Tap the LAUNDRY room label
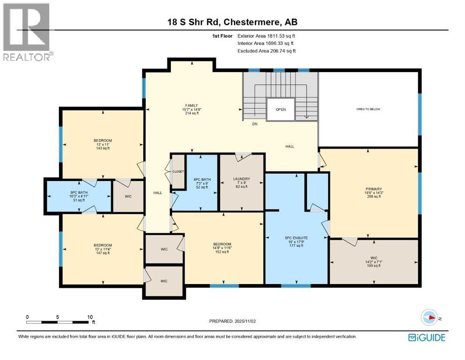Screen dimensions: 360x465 (x=242, y=179)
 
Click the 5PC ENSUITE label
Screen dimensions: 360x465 (x=296, y=238)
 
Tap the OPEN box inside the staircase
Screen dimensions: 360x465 (x=280, y=110)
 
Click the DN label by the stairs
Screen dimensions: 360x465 (x=255, y=124)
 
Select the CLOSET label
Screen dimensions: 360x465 (x=178, y=172)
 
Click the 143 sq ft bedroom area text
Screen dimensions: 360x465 (x=103, y=148)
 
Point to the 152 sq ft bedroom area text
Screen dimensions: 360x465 (x=222, y=252)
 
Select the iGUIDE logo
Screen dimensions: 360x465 (x=427, y=337)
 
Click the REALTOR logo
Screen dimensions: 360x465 (x=27, y=31)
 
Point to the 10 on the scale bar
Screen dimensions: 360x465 (x=89, y=317)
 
